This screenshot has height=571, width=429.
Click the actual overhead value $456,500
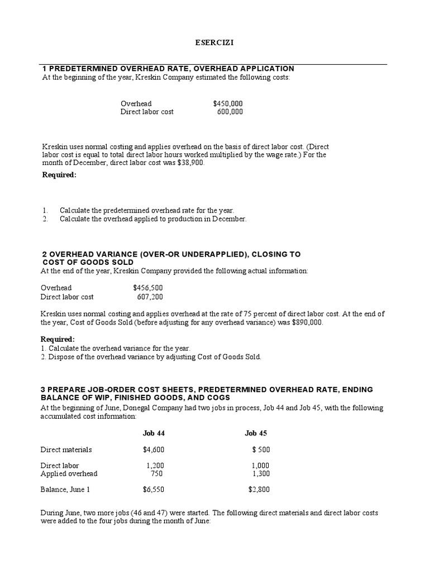click(148, 288)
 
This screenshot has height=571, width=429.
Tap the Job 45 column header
click(256, 433)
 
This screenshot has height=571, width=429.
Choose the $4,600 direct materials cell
click(153, 449)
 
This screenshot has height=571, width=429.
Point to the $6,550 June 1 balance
click(153, 490)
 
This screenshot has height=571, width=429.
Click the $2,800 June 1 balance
click(259, 490)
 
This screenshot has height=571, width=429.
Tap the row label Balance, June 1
click(65, 490)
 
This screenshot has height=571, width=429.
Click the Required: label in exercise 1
click(59, 175)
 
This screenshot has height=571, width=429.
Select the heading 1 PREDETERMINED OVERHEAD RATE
click(168, 69)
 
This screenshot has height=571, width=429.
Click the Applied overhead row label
click(69, 473)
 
